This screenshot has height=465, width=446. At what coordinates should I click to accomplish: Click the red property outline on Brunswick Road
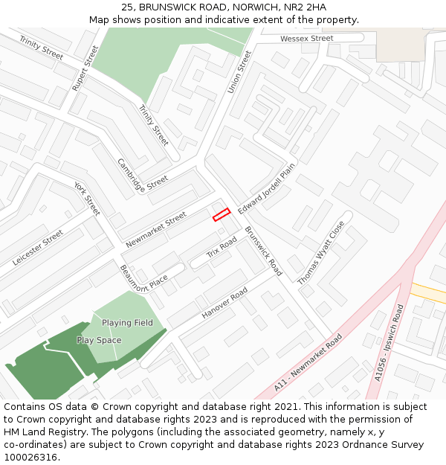(x=222, y=214)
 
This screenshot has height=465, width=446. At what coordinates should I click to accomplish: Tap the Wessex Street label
(x=306, y=38)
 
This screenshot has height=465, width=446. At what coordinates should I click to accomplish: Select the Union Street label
(x=240, y=72)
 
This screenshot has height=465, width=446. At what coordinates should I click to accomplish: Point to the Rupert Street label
(x=85, y=68)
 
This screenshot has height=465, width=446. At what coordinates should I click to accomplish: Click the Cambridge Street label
(x=143, y=175)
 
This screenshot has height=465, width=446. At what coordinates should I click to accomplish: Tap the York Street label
(x=87, y=198)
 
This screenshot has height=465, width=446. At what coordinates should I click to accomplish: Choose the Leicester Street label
(x=38, y=248)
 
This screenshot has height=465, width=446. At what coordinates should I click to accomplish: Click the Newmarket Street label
(x=155, y=230)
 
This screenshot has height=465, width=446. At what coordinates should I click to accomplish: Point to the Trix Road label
(x=222, y=247)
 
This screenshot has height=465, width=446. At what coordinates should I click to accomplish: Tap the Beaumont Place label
(x=143, y=278)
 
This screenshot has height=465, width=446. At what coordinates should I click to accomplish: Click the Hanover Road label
(x=224, y=304)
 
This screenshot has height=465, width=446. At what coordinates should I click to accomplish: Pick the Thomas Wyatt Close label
(x=321, y=253)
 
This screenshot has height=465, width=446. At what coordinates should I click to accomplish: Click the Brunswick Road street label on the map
(x=263, y=251)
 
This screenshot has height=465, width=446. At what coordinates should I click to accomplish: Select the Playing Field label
(x=127, y=323)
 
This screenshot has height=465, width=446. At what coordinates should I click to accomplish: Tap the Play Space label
(x=99, y=340)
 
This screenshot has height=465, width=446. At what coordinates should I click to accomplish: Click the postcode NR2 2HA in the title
(x=305, y=7)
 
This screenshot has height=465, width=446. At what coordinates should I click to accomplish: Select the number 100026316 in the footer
(x=30, y=457)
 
